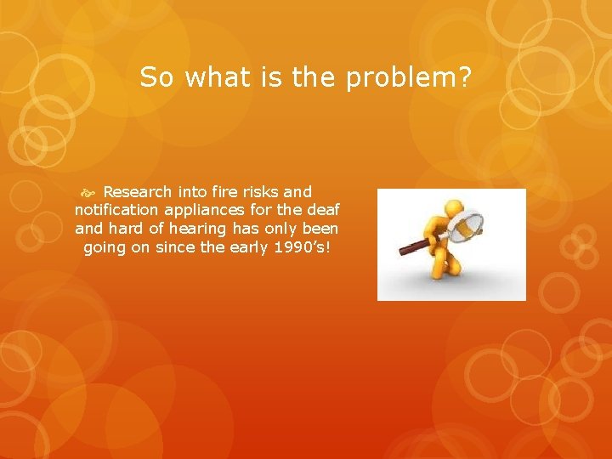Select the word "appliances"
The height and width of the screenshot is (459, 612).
[x=202, y=211]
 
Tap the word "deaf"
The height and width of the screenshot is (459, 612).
[x=320, y=211]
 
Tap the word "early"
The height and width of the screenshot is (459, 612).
[x=250, y=247]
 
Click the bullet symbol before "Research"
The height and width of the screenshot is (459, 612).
[x=92, y=193]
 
